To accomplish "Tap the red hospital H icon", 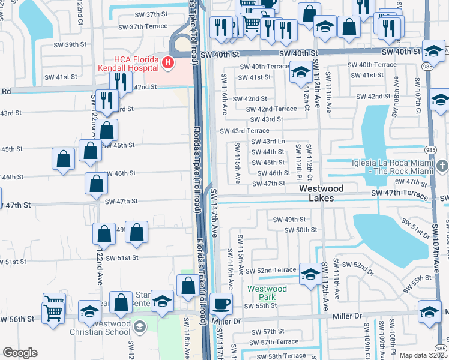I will click(x=169, y=62).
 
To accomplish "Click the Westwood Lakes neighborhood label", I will click(x=322, y=193).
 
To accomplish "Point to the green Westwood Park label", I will click(x=267, y=292).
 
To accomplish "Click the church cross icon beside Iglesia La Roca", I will click(x=441, y=165).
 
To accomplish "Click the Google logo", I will click(x=20, y=353).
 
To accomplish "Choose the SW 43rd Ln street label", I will click(x=267, y=142).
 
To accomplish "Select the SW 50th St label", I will click(x=300, y=230).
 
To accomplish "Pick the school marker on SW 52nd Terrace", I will click(x=310, y=274).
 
